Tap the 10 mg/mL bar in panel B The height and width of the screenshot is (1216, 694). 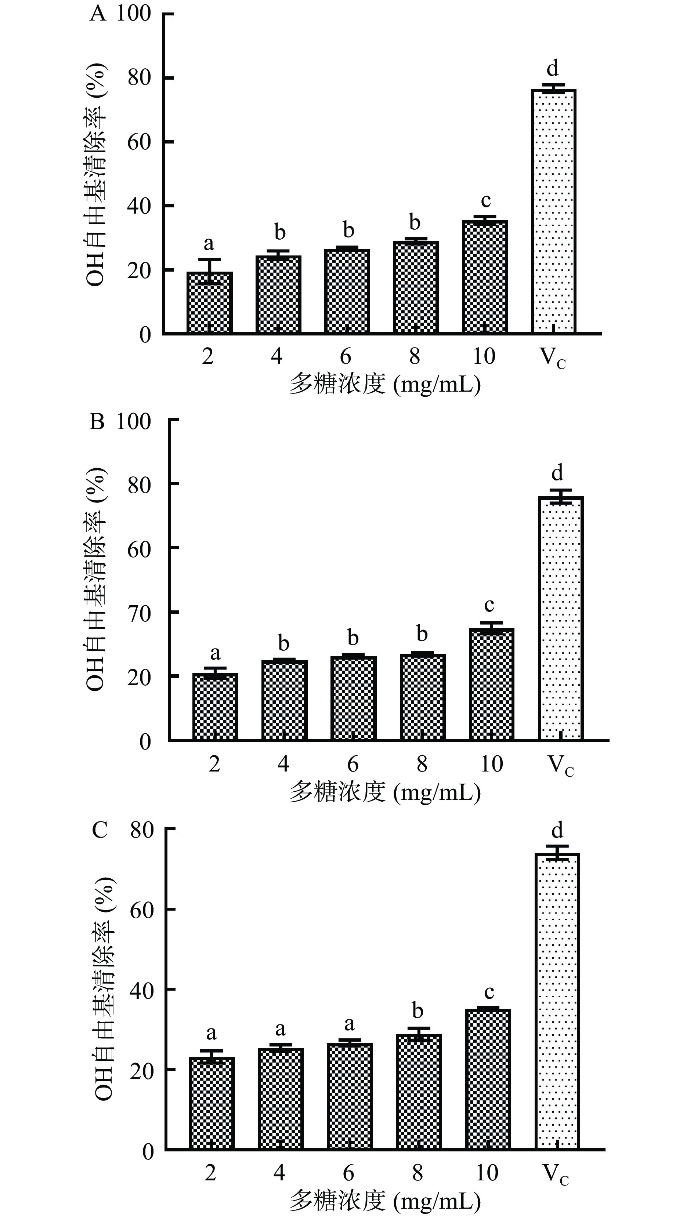[x=491, y=684]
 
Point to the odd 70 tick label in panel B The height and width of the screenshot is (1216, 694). [x=139, y=613]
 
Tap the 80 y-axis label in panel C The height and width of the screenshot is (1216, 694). [x=142, y=830]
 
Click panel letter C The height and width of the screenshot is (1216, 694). [x=100, y=830]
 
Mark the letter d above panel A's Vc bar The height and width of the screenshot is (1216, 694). [x=552, y=68]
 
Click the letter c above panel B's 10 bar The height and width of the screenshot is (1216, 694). [x=489, y=605]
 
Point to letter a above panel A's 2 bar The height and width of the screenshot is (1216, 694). [x=209, y=243]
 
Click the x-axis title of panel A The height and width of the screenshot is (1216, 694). [x=385, y=384]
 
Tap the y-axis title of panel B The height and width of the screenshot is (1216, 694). [x=95, y=579]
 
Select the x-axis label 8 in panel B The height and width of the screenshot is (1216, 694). [x=422, y=763]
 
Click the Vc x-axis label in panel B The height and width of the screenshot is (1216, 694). [x=561, y=765]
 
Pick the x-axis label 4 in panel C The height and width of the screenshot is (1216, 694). [x=279, y=1172]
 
